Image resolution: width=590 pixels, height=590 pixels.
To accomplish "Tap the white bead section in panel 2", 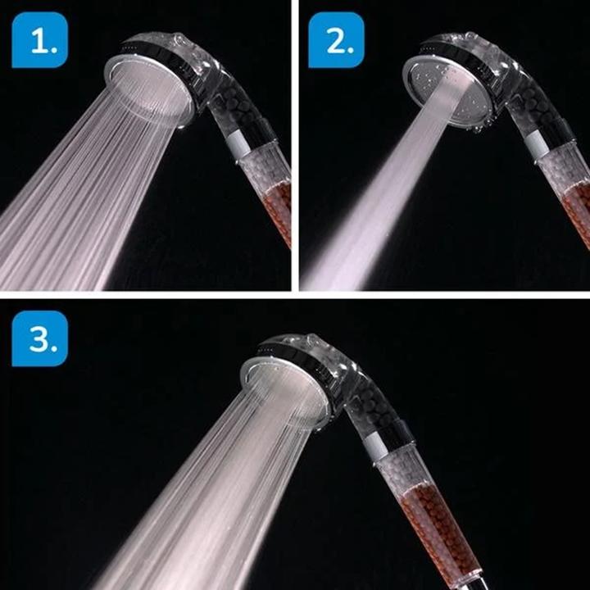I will (x=560, y=168).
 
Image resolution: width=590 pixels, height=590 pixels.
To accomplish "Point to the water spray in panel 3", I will (x=205, y=492).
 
